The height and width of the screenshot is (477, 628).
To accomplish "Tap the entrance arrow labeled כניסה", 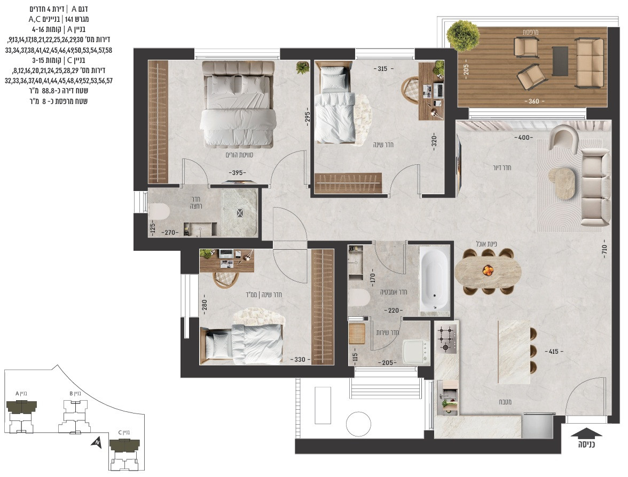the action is (x=586, y=433).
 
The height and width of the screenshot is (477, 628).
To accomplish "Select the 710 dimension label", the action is (x=605, y=250).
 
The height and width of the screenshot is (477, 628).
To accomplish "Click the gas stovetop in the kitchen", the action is (x=446, y=340).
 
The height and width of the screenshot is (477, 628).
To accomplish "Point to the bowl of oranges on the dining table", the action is (x=488, y=271).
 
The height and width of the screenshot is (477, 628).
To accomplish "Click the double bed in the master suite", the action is (x=238, y=105).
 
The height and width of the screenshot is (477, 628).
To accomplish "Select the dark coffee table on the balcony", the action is (x=560, y=61).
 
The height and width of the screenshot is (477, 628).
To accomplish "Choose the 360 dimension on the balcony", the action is (x=533, y=101).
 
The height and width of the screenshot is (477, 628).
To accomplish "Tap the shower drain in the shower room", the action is (x=239, y=213).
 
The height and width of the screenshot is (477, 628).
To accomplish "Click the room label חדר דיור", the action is (x=502, y=168).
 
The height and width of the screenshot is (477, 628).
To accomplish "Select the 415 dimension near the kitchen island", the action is (x=553, y=351).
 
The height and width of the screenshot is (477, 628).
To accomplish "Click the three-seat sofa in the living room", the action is (x=595, y=187).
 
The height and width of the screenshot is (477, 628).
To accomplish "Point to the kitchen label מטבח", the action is (x=505, y=402).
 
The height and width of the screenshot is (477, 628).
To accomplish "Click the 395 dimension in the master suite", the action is (x=237, y=173).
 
